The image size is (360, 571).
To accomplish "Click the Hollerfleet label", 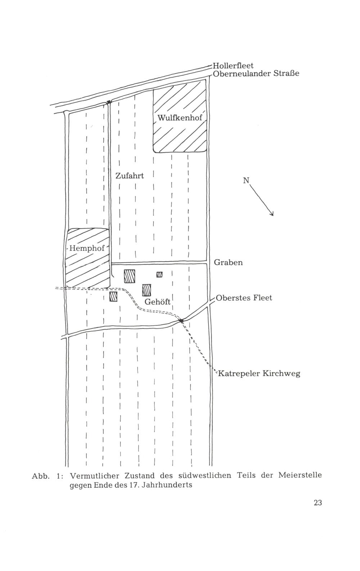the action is coord(233,66).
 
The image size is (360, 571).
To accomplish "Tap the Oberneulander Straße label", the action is coord(256,73).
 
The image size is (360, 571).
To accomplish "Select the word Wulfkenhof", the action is coord(180,118).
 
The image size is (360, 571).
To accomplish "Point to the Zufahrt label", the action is coord(130,176).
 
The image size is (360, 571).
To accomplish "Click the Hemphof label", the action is coord(87,248).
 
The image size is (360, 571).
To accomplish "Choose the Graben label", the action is coord(228,263).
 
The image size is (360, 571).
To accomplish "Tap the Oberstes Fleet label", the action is coord(244,298).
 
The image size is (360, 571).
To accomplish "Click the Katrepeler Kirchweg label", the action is coord(259,374).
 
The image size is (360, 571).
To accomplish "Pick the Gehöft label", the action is coord(157,302).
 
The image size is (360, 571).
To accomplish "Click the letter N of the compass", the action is coord(246,180).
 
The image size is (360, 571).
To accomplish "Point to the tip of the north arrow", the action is coord(273,216).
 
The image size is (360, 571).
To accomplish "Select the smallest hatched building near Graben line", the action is coord(159,274).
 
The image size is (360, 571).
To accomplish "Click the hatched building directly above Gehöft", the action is coord(147,290).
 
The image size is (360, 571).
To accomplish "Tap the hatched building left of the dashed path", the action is coord(113,296).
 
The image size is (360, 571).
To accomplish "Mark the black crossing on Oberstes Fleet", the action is coord(181,321).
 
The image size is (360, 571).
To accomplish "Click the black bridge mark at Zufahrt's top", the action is coord(109,102).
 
